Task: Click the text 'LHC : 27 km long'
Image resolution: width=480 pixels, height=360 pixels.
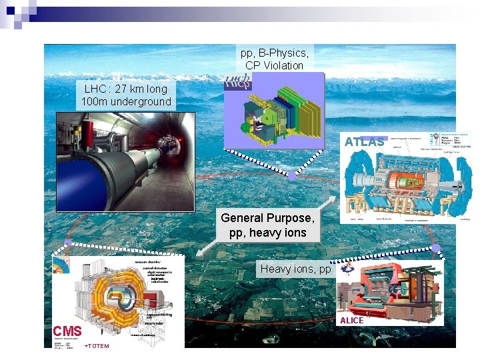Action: pos(126,89)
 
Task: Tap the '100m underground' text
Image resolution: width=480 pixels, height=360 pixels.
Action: pos(126,102)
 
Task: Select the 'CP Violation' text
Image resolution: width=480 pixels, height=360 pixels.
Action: pos(274,65)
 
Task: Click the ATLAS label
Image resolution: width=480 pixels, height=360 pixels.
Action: pos(364,142)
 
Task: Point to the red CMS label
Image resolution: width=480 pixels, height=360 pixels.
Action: pos(67,331)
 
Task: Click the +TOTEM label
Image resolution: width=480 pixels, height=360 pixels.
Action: pos(97,346)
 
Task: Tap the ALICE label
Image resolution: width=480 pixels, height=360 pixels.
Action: pos(352,321)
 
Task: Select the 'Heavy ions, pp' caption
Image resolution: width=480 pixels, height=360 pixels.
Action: pos(295,269)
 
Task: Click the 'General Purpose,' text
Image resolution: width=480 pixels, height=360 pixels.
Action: pos(267,218)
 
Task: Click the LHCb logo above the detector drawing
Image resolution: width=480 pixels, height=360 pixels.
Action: pos(238,81)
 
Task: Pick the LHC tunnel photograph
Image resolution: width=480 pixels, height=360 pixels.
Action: pos(125,163)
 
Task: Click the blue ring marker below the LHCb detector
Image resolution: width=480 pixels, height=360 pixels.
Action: pos(291,177)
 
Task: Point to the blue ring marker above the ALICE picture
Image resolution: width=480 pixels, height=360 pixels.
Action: pos(436,248)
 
